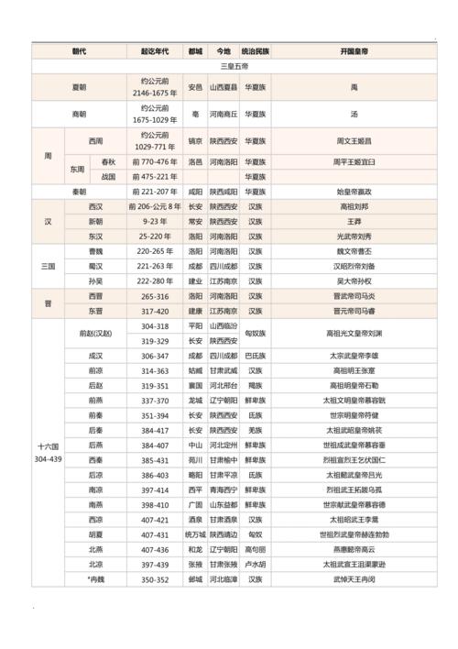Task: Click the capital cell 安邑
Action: coord(195,87)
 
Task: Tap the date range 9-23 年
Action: coord(154,221)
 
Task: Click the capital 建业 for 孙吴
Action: coord(195,280)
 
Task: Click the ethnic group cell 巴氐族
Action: coord(256,356)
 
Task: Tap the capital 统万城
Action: coord(195,534)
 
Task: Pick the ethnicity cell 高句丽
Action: coord(256,549)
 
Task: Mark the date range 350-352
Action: coord(154,579)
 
